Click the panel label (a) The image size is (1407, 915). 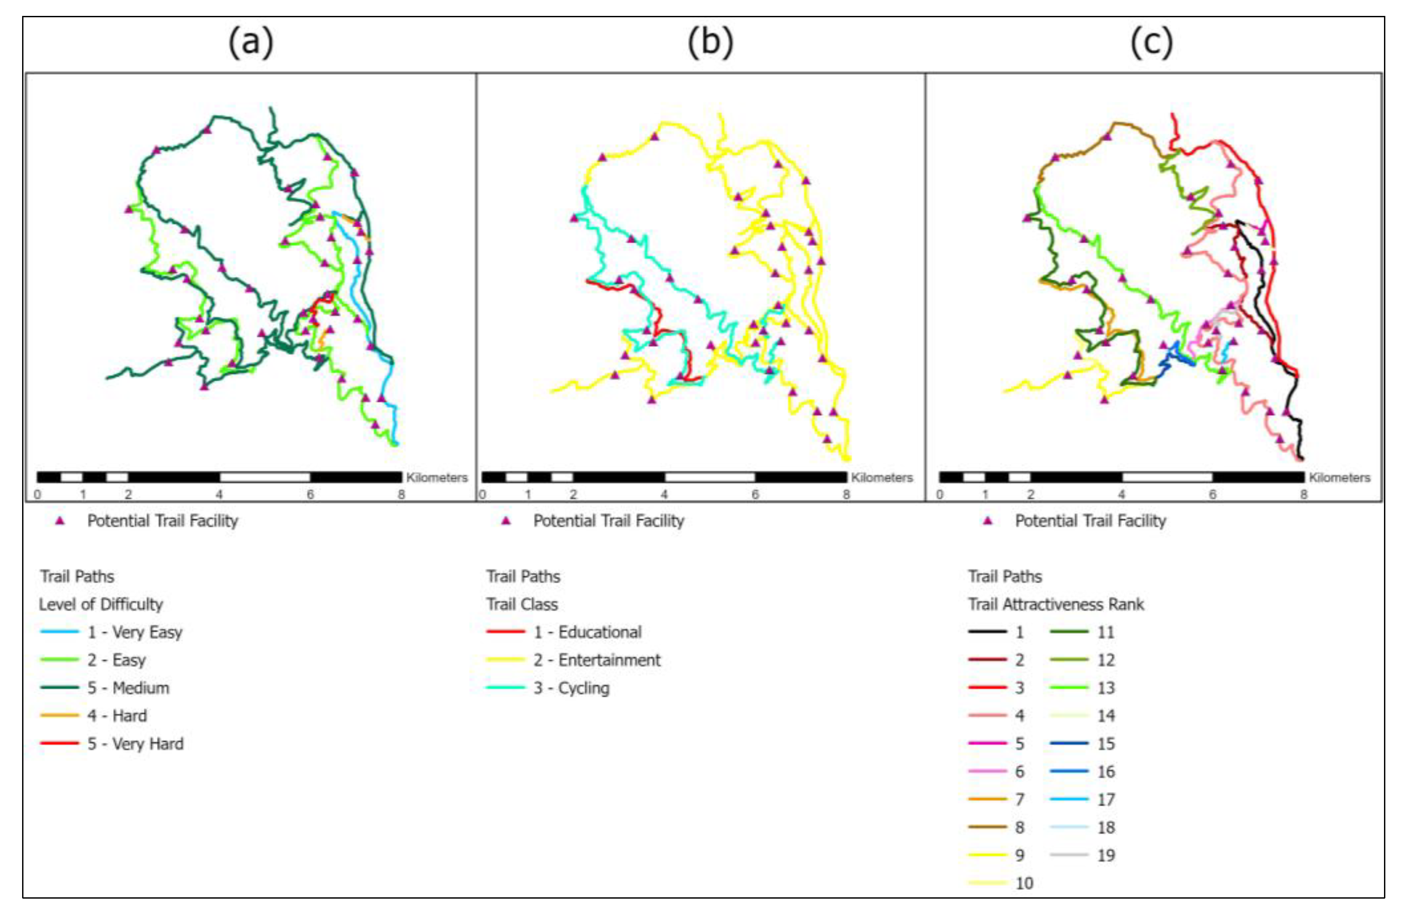(251, 42)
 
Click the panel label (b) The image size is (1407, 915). (710, 42)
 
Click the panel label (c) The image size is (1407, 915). (1151, 42)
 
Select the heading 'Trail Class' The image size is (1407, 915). (522, 604)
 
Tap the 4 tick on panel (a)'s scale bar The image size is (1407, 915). (219, 494)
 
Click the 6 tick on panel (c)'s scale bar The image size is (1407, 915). (1212, 494)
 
